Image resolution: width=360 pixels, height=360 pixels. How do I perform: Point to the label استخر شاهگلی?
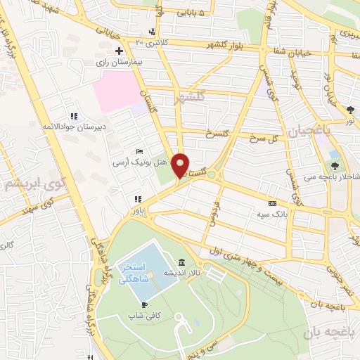134,273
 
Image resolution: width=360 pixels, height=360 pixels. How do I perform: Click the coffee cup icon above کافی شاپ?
144,304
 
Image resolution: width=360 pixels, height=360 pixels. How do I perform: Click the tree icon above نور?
350,109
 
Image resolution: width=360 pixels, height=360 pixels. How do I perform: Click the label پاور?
136,210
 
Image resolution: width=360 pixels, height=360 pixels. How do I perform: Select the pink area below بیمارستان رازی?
116,91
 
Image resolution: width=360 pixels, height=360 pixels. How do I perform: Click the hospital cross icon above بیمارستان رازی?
118,51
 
